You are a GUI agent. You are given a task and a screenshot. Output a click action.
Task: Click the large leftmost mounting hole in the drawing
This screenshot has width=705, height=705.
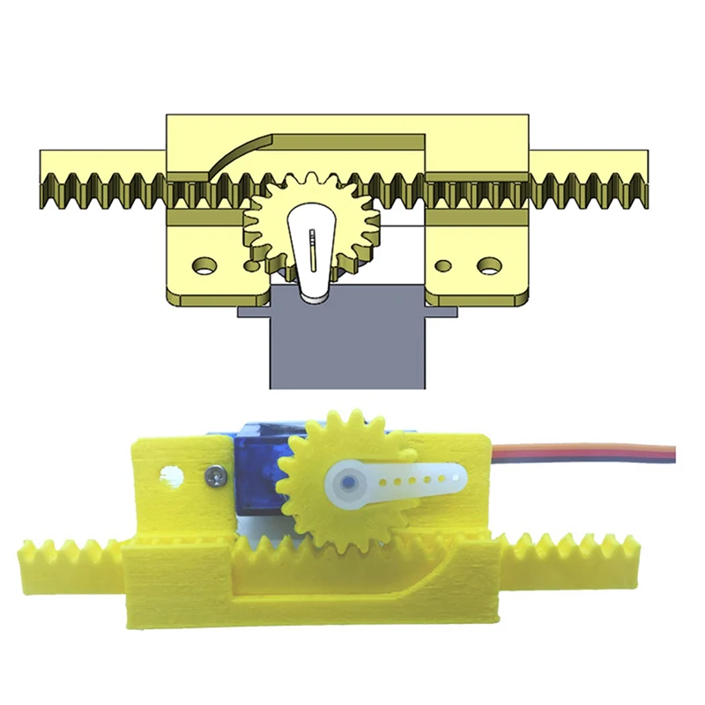pos(204,263)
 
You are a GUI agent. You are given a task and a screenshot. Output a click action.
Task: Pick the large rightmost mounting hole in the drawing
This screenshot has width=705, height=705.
pos(486,263)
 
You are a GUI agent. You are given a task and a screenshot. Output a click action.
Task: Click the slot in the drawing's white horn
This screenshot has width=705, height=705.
pos(312,251)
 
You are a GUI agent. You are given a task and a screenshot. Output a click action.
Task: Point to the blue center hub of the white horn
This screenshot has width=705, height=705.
pos(350,483)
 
